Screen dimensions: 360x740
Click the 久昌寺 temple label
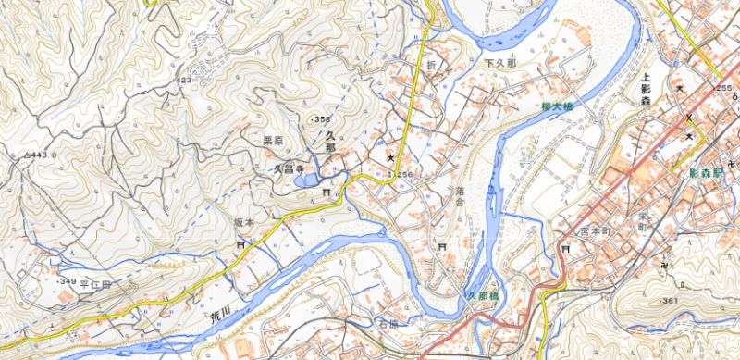click(287, 169)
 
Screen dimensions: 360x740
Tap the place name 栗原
click(272, 141)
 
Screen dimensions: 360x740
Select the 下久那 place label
click(499, 63)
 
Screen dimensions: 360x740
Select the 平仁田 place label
click(94, 285)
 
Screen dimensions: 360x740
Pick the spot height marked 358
click(321, 119)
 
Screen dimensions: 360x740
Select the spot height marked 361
click(670, 301)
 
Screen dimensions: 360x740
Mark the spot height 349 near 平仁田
click(65, 280)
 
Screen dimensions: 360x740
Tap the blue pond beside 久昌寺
click(306, 180)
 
